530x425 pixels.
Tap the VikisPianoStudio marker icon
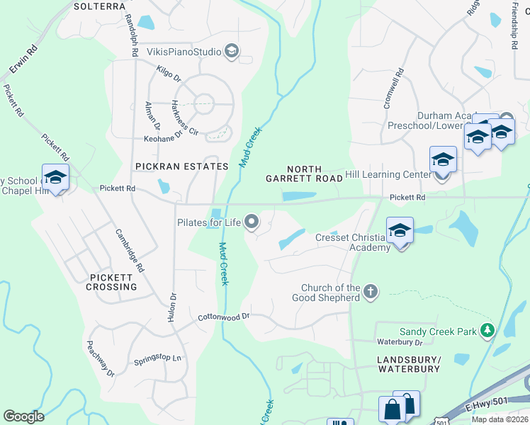click(x=231, y=50)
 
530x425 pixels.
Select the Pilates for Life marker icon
click(x=252, y=223)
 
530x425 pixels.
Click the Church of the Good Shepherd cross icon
click(x=370, y=291)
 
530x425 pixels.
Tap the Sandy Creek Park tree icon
click(x=487, y=331)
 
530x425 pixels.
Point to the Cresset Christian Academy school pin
click(x=400, y=230)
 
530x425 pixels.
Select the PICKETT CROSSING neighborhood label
click(x=112, y=282)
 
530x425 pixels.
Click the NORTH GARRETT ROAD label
click(x=304, y=174)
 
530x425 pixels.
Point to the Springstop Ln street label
click(x=157, y=359)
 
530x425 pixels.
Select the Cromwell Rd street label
click(x=393, y=89)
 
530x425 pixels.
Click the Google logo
click(x=24, y=416)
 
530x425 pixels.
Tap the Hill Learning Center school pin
click(x=443, y=160)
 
